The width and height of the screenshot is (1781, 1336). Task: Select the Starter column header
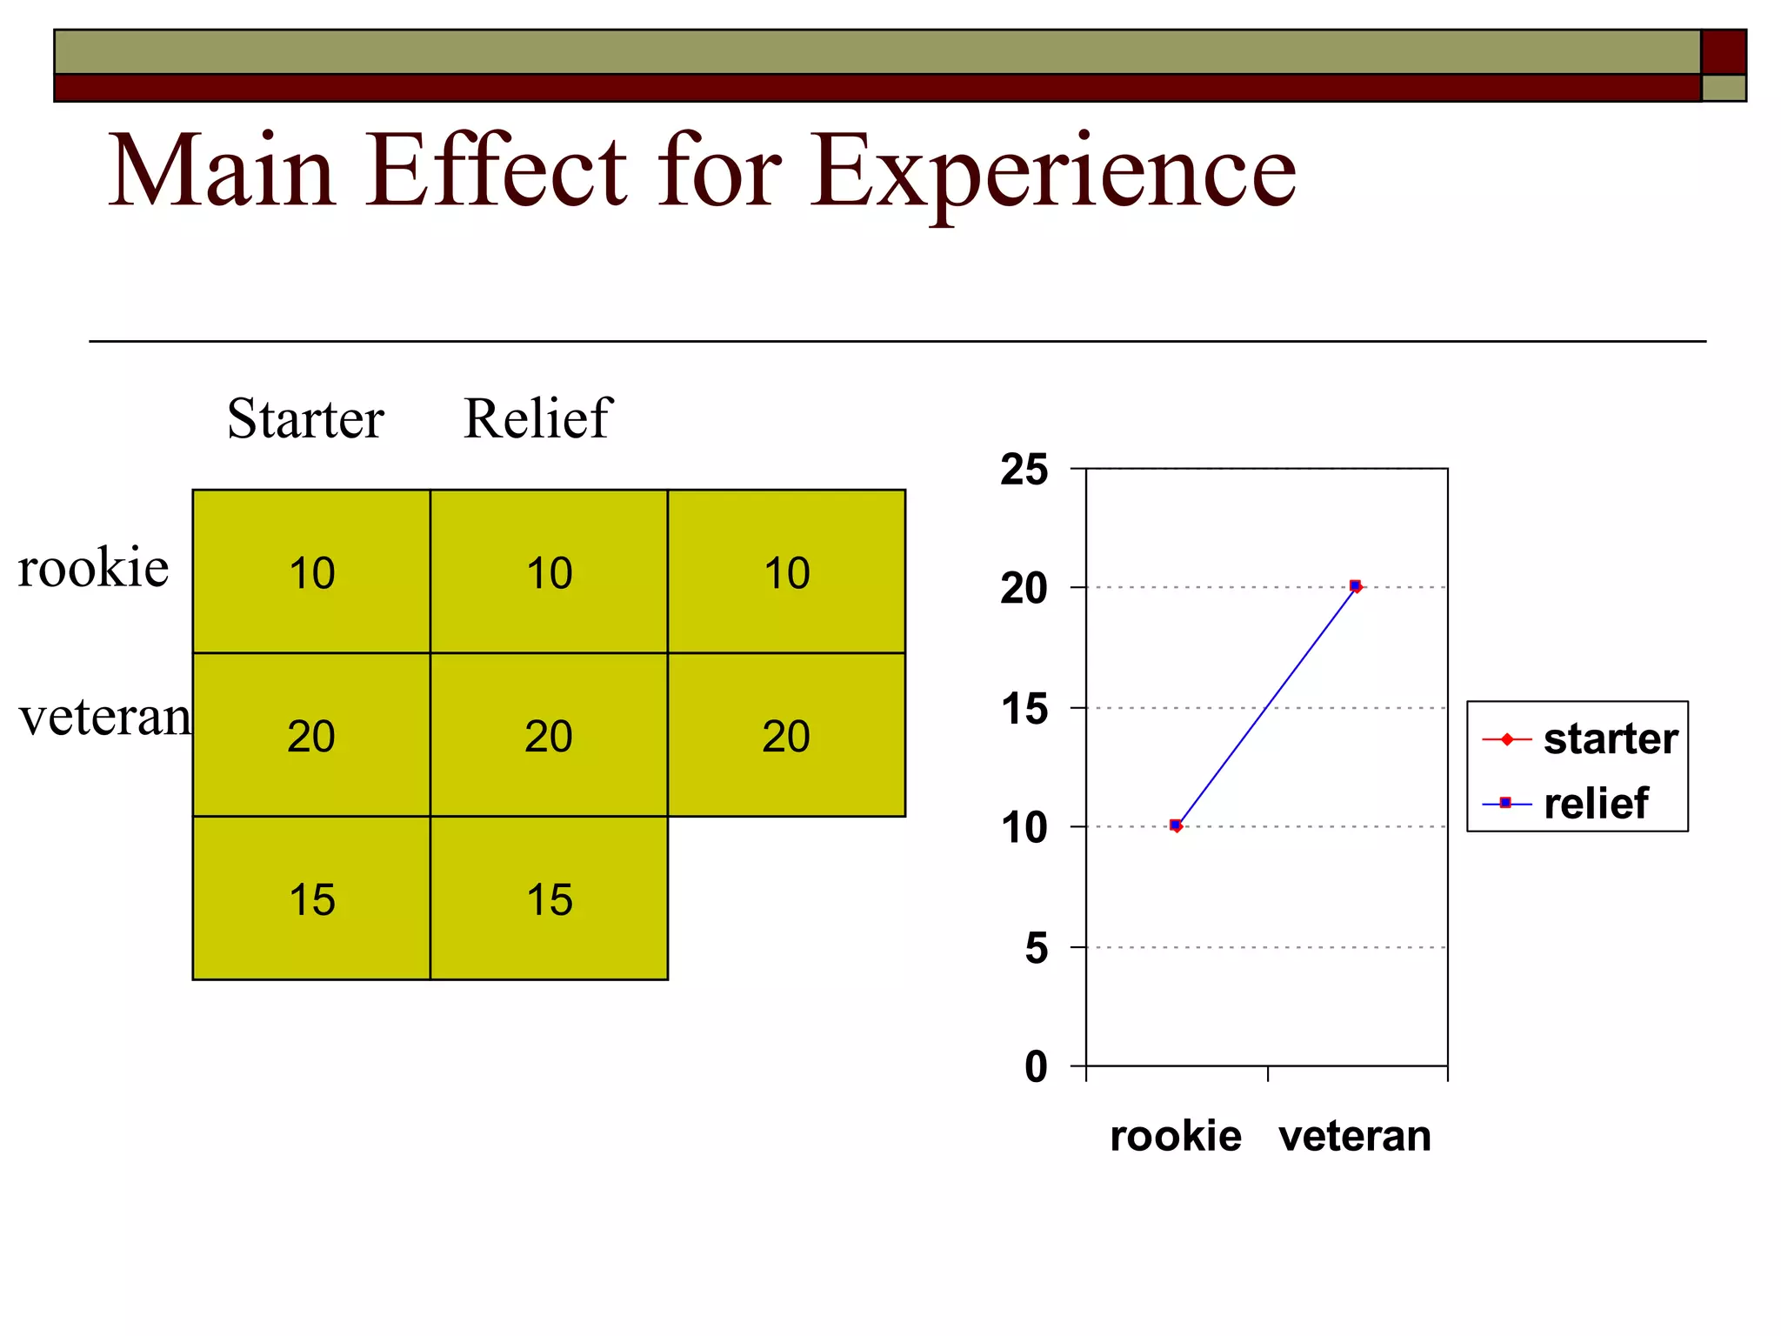point(305,418)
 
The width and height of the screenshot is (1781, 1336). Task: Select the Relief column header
point(537,418)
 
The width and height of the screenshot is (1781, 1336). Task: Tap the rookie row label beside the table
point(93,568)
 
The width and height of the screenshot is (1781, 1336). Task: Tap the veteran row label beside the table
point(104,718)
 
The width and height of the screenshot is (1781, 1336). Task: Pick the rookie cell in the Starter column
point(311,572)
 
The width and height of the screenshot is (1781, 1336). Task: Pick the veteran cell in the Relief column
point(549,736)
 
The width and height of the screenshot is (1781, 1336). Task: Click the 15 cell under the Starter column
point(311,899)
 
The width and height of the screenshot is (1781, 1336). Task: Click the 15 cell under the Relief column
point(549,899)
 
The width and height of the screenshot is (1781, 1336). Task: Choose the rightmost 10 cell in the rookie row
point(786,572)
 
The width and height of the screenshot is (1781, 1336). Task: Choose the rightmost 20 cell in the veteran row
point(786,736)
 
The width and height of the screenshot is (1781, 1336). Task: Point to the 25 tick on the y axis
point(1024,470)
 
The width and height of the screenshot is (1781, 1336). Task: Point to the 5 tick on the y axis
point(1037,948)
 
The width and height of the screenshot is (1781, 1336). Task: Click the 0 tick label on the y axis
point(1037,1066)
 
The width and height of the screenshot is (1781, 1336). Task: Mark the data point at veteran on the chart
point(1355,586)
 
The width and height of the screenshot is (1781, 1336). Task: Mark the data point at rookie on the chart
point(1176,825)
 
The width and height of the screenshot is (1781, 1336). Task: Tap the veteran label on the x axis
point(1355,1136)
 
